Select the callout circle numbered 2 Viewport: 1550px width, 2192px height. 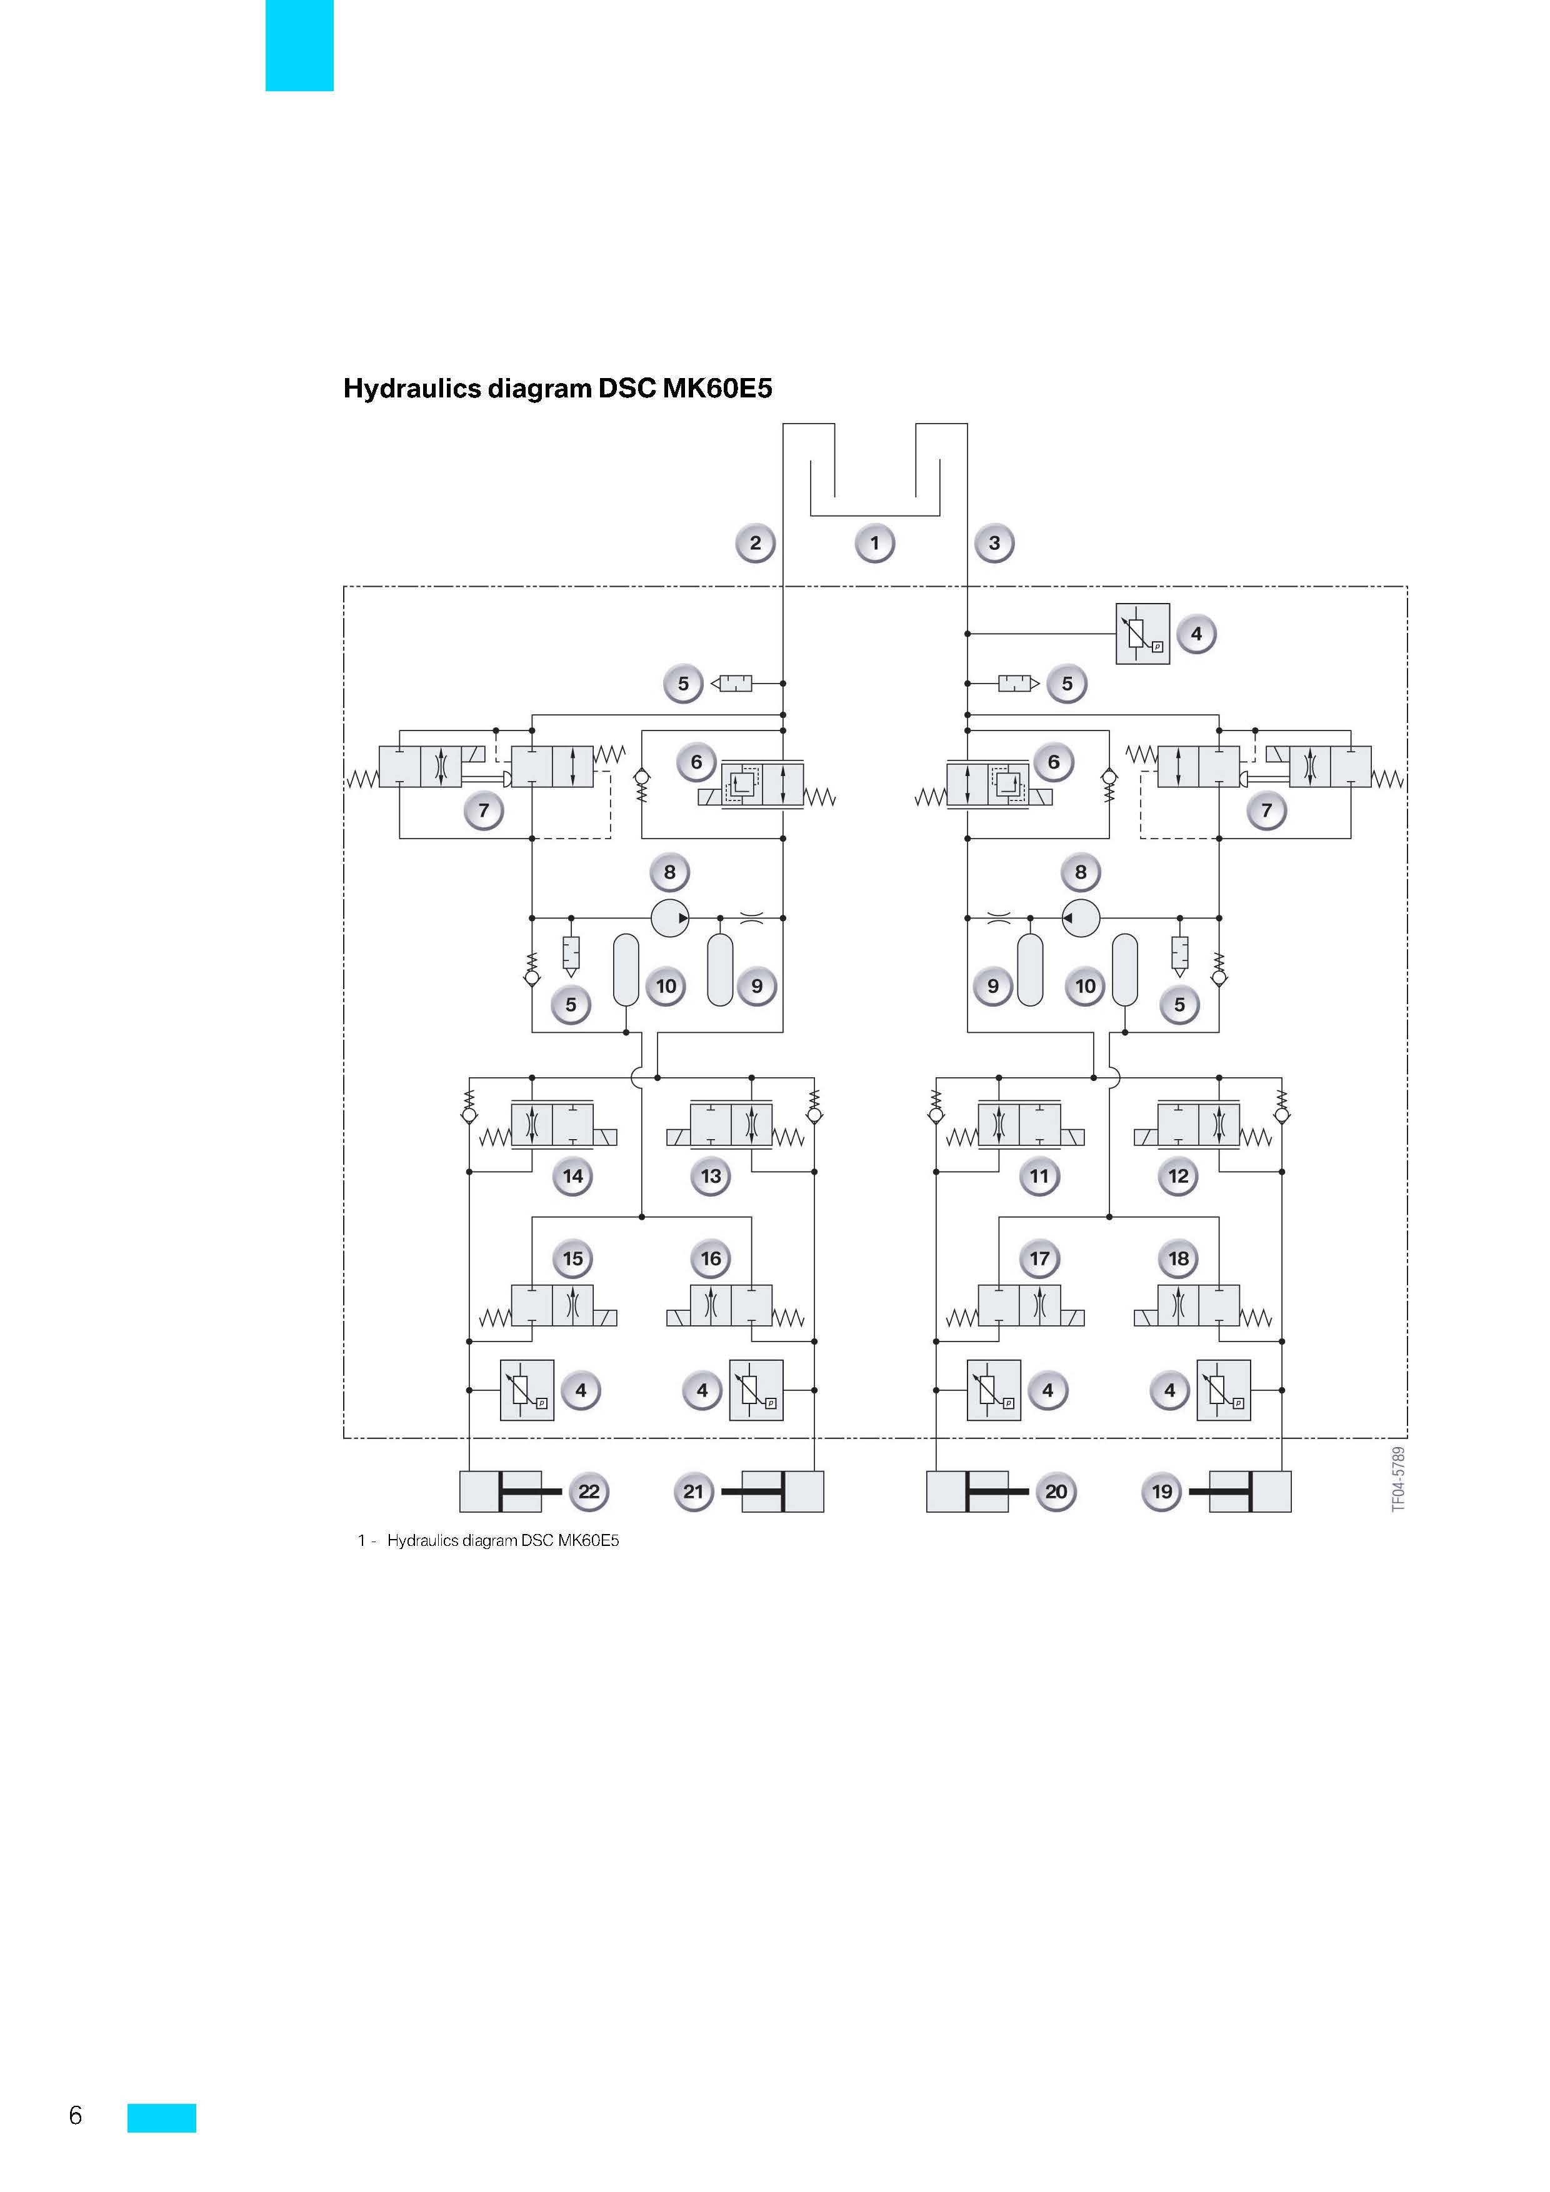756,543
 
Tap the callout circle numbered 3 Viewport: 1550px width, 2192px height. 994,543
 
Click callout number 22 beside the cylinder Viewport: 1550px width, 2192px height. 589,1492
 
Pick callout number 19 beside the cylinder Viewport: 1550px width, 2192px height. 1161,1492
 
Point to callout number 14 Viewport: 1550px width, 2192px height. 573,1176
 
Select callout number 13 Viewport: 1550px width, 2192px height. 711,1176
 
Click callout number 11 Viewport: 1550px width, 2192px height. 1039,1176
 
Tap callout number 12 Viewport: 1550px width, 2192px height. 1179,1176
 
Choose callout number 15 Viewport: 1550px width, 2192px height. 573,1258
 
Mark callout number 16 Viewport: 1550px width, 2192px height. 711,1258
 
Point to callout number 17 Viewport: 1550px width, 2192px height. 1039,1258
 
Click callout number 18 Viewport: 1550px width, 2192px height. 1179,1258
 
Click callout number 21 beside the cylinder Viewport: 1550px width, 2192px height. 693,1492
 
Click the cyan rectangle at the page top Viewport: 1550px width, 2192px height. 300,45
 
